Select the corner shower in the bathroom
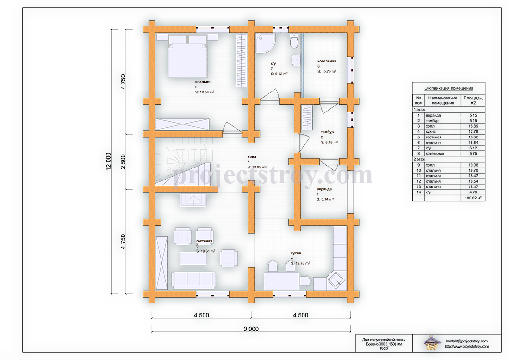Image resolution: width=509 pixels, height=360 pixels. click(x=265, y=43)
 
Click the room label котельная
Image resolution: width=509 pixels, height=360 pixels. click(x=327, y=61)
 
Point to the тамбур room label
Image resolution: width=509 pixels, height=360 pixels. click(x=327, y=132)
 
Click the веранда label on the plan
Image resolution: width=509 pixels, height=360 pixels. click(x=324, y=189)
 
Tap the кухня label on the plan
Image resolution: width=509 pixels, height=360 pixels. click(x=296, y=253)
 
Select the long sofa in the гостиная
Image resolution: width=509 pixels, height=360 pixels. click(x=193, y=280)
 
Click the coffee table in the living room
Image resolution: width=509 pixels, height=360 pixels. click(x=193, y=258)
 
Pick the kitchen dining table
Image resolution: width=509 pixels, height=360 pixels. click(x=282, y=281)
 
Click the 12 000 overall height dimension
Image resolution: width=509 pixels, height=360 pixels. click(x=108, y=161)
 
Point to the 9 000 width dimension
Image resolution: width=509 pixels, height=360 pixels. click(x=251, y=329)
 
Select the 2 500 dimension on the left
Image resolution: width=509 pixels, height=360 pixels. click(x=123, y=161)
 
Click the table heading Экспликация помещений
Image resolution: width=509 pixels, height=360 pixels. click(x=449, y=88)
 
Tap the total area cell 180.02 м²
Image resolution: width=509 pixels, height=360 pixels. click(x=473, y=198)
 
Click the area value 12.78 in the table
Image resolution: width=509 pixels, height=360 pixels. click(x=473, y=131)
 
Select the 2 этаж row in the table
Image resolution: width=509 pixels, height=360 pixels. click(x=449, y=159)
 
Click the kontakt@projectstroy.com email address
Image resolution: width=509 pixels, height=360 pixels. click(x=467, y=341)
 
